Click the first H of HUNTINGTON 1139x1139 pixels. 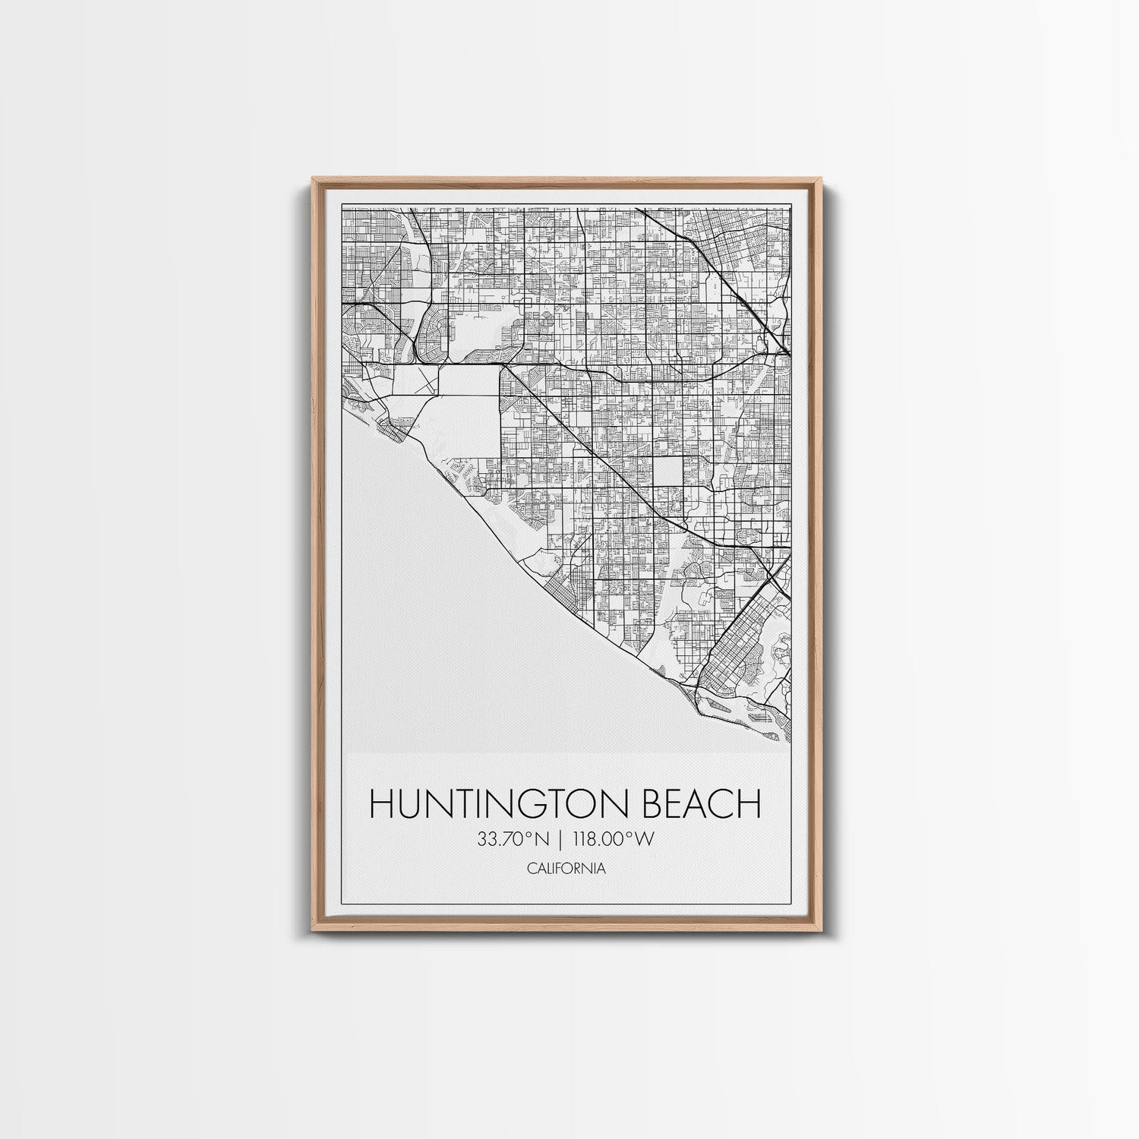(x=382, y=804)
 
